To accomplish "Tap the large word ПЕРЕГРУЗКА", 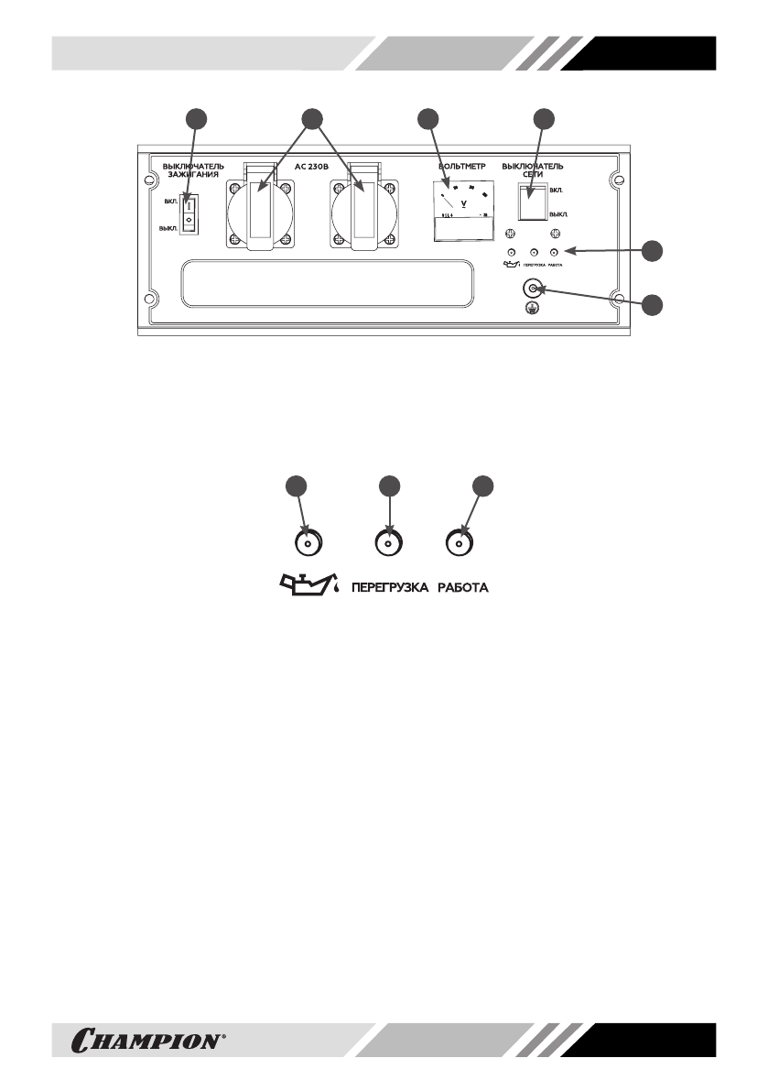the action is point(390,586).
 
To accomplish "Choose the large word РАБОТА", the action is point(461,586).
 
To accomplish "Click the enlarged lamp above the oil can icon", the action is point(308,543).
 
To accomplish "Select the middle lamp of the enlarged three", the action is point(389,543).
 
